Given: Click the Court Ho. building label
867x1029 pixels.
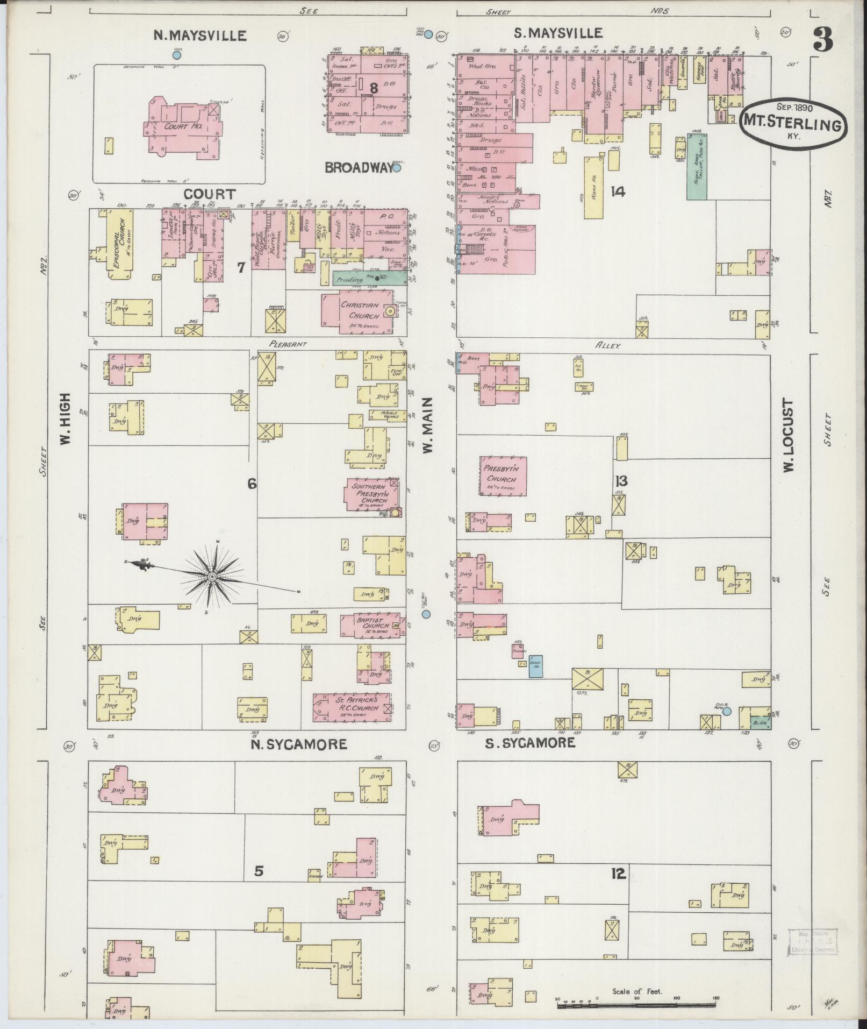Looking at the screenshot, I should (x=184, y=126).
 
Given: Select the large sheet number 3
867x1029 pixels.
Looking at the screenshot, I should (x=822, y=39).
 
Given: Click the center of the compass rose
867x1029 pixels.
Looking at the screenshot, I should (x=212, y=577).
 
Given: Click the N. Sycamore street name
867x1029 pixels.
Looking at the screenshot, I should (x=299, y=744).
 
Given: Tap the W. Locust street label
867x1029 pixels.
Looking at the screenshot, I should (x=788, y=436).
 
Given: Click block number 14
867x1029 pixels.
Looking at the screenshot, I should (x=618, y=191).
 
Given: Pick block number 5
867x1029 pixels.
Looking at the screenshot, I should (x=259, y=870).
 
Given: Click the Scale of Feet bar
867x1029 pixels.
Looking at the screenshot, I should (x=636, y=1004).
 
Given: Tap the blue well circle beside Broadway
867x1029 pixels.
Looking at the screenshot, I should (x=397, y=168).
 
